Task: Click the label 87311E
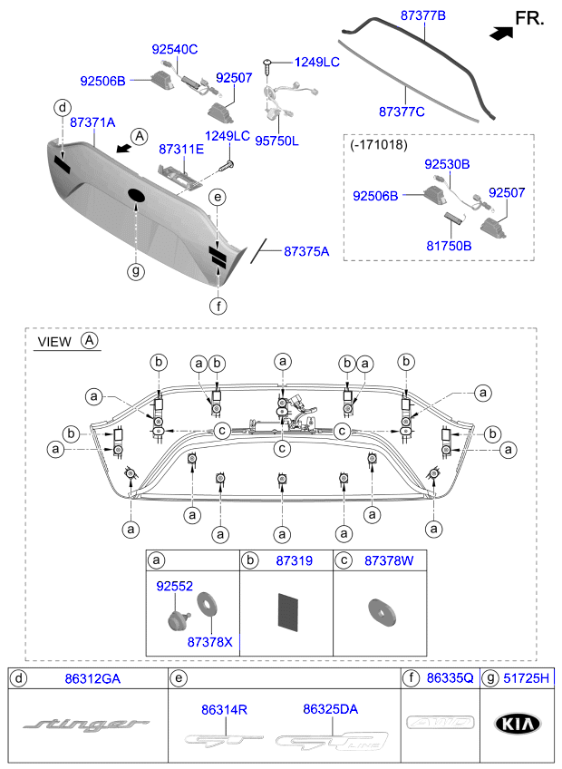click(182, 148)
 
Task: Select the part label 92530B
click(447, 164)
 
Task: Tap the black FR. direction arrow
click(499, 33)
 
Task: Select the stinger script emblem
click(85, 724)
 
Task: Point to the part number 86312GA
click(92, 677)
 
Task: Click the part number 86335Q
click(450, 677)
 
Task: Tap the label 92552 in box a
click(174, 586)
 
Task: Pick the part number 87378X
click(209, 642)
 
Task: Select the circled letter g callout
click(135, 270)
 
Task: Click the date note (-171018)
click(379, 144)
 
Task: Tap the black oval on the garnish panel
click(136, 195)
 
